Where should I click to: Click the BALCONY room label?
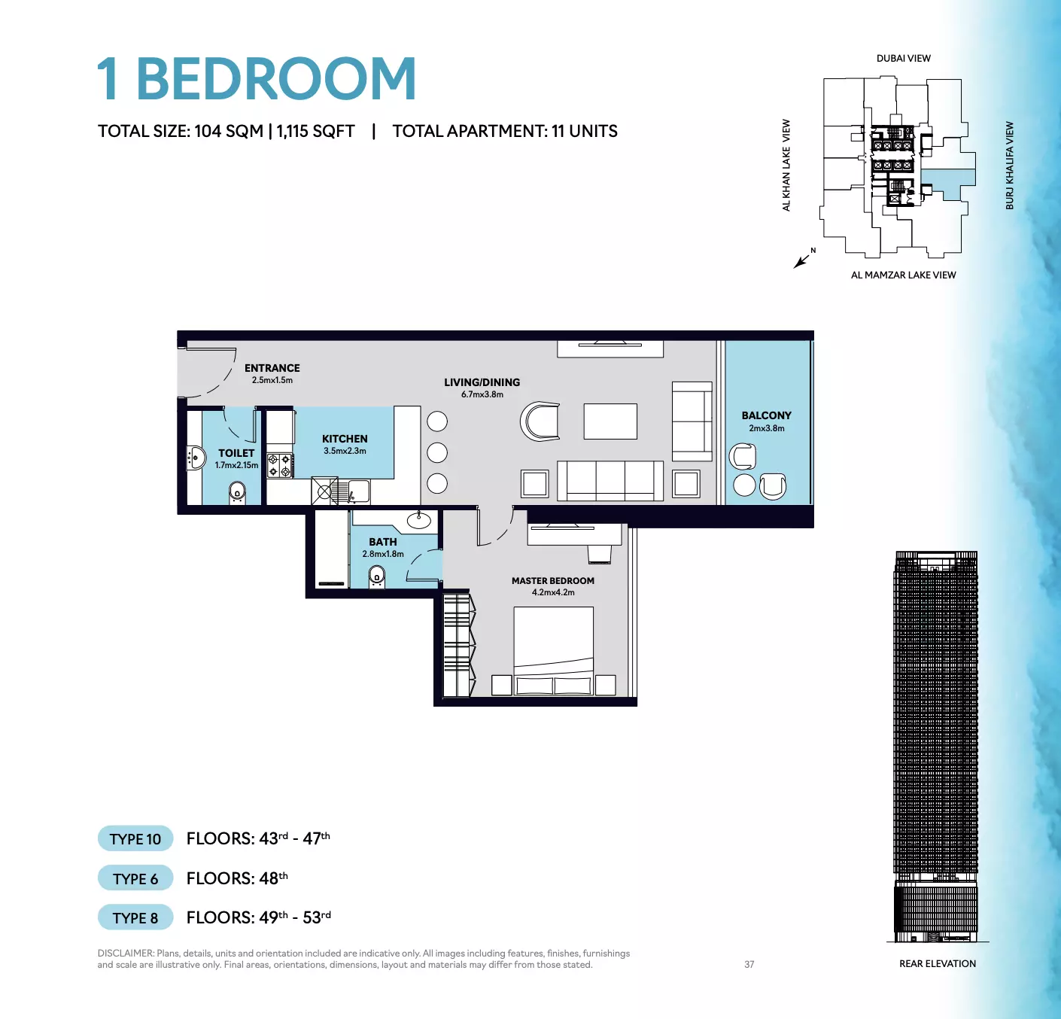click(x=766, y=415)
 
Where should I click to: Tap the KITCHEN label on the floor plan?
click(x=345, y=439)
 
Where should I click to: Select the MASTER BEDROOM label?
click(x=553, y=581)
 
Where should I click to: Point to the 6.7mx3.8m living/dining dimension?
click(x=482, y=394)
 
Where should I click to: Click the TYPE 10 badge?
click(x=135, y=838)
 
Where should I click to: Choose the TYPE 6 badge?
click(x=135, y=878)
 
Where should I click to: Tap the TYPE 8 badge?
click(x=135, y=917)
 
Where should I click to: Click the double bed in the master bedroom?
click(x=553, y=651)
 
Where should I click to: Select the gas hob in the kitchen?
click(x=280, y=466)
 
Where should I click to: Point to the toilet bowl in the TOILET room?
click(x=237, y=492)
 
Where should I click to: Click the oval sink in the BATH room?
click(x=418, y=521)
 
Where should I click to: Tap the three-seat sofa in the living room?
click(x=610, y=480)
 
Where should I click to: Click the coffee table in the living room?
click(x=610, y=421)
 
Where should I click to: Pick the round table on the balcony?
click(x=744, y=485)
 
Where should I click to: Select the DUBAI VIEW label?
click(x=904, y=59)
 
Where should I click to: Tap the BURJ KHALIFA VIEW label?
click(x=1010, y=166)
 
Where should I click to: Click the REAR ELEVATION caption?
click(x=938, y=963)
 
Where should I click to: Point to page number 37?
click(x=749, y=965)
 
